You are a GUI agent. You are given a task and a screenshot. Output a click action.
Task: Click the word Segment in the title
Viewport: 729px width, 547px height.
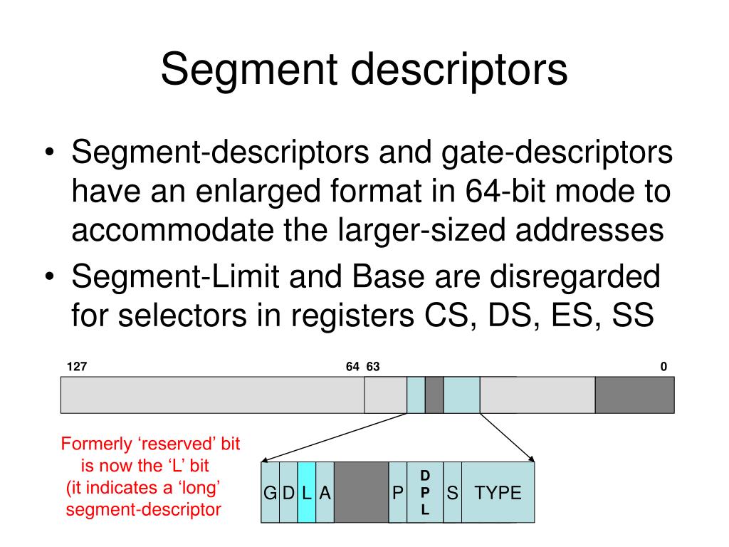point(248,69)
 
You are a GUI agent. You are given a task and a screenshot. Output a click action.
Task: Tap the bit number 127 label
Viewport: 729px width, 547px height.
point(77,367)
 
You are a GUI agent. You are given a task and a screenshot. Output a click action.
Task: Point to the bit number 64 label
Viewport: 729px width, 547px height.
point(352,367)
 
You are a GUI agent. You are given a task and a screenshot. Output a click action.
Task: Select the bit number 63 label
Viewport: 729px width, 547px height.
point(373,367)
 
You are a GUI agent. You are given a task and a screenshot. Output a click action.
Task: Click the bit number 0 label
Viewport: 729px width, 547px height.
point(664,367)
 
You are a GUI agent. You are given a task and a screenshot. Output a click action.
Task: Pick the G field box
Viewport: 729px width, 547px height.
point(270,492)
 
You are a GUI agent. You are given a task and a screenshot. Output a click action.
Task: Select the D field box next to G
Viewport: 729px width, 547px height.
point(288,492)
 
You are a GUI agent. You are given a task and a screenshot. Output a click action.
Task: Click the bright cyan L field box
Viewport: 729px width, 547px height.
point(306,492)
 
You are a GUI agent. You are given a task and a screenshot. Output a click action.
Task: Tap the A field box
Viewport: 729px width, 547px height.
point(325,492)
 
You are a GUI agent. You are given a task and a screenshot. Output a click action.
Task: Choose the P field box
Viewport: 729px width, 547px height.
point(397,492)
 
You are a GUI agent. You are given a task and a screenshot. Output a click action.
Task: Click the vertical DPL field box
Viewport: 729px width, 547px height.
point(425,492)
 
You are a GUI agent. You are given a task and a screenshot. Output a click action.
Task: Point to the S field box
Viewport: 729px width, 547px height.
point(452,492)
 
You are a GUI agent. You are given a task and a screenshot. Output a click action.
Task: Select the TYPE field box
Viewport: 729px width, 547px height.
point(498,492)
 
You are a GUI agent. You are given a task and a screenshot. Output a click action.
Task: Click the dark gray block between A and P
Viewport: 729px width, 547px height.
point(361,492)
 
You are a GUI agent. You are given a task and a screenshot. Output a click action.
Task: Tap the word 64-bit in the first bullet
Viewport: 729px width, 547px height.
point(505,191)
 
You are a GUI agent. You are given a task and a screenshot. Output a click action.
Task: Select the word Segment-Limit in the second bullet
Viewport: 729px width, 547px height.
point(175,276)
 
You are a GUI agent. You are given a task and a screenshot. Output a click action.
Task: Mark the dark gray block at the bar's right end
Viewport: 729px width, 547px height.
point(634,395)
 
